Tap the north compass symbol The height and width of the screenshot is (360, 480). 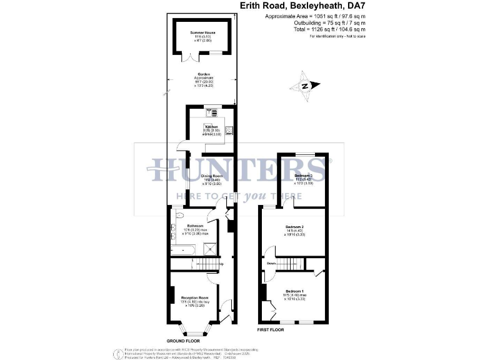[x=305, y=87]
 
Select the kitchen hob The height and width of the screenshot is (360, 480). [x=229, y=131]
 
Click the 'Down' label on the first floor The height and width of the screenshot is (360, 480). [x=271, y=263]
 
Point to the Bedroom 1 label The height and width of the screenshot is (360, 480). [x=294, y=292]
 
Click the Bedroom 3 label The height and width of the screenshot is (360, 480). [x=303, y=176]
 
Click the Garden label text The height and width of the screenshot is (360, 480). [x=201, y=74]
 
